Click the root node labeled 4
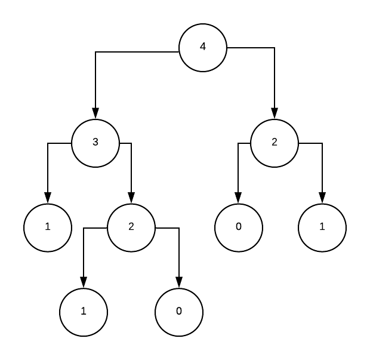click(x=203, y=48)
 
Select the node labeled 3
click(x=95, y=143)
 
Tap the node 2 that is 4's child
click(x=275, y=143)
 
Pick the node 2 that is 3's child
click(x=131, y=227)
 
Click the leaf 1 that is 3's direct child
click(x=48, y=227)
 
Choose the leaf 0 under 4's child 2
click(x=238, y=227)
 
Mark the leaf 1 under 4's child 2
click(x=322, y=227)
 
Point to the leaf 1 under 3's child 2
click(x=84, y=312)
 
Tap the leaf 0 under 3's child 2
click(x=179, y=312)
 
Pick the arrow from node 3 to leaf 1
click(x=48, y=173)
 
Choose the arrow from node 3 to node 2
click(x=131, y=173)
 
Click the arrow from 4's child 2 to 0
click(x=238, y=173)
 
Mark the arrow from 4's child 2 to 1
click(x=322, y=173)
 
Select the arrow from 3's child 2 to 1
click(x=84, y=257)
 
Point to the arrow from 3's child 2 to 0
click(x=179, y=257)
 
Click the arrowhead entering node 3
click(x=95, y=115)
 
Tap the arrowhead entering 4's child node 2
click(x=275, y=115)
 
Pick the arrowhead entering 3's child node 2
click(x=131, y=199)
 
